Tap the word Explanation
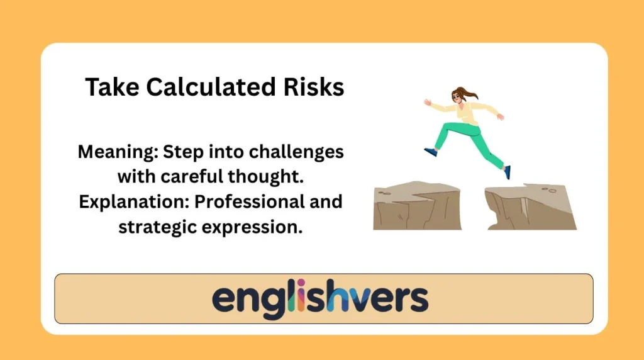129,202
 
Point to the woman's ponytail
471,95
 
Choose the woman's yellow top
466,113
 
